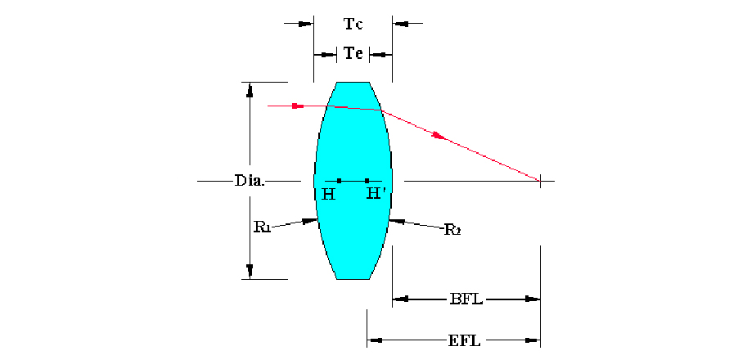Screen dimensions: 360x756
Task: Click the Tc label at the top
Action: pos(353,24)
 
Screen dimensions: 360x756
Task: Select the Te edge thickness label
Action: pos(353,54)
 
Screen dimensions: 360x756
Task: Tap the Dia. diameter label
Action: pos(249,180)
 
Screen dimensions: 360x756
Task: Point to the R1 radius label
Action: pos(262,227)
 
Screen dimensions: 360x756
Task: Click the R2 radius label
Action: pos(452,229)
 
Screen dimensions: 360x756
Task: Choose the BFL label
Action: pos(466,299)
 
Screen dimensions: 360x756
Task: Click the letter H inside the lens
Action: pos(328,195)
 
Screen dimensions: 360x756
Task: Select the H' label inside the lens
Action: pos(376,194)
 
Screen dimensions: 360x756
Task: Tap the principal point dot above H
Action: pos(339,180)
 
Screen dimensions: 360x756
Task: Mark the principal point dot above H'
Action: pos(367,180)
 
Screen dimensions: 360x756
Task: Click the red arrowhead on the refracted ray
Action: pos(440,136)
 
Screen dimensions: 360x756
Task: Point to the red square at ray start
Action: pos(295,106)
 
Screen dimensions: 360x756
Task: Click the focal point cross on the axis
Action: pos(540,180)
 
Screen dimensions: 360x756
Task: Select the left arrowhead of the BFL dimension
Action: pos(399,299)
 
